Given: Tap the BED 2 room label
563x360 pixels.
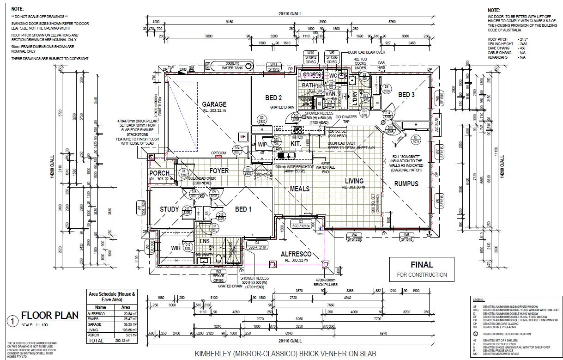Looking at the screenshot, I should pos(273,98).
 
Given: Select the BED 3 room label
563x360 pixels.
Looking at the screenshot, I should pos(406,95).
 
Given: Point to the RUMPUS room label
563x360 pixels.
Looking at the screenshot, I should pos(406,183).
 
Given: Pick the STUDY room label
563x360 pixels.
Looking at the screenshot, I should pos(169,209).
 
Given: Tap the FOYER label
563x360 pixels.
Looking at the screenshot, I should pos(219,171).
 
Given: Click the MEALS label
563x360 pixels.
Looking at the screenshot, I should pos(299,189).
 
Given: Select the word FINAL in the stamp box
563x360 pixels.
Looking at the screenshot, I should pos(422,265).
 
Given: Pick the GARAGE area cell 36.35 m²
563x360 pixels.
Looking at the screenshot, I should pos(125,325).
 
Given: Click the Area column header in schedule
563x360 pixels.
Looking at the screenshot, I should pos(125,307).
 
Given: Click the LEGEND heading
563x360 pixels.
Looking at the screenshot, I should pos(478,300).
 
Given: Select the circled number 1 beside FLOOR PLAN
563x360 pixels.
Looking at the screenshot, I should pos(13,320).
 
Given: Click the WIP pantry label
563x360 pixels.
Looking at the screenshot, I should pos(262,145).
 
